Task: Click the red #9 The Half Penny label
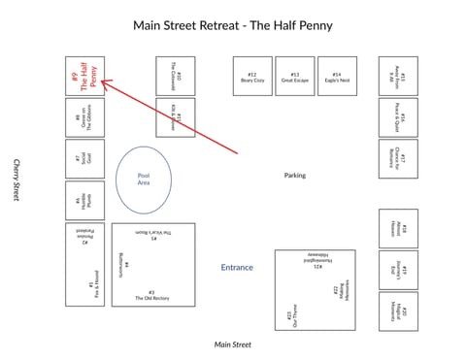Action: pyautogui.click(x=84, y=76)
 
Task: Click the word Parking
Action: pyautogui.click(x=295, y=176)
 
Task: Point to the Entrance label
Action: pyautogui.click(x=237, y=267)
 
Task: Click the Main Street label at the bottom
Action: pyautogui.click(x=233, y=344)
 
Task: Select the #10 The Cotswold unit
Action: pyautogui.click(x=176, y=76)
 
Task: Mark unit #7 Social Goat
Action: pyautogui.click(x=84, y=159)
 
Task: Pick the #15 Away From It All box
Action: pyautogui.click(x=398, y=76)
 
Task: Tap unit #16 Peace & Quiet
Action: pyautogui.click(x=398, y=117)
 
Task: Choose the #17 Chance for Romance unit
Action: pyautogui.click(x=398, y=159)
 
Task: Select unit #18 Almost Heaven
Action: pyautogui.click(x=398, y=229)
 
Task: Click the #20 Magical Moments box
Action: pyautogui.click(x=398, y=311)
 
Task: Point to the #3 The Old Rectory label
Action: pyautogui.click(x=151, y=296)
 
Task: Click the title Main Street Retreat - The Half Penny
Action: pyautogui.click(x=233, y=25)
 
